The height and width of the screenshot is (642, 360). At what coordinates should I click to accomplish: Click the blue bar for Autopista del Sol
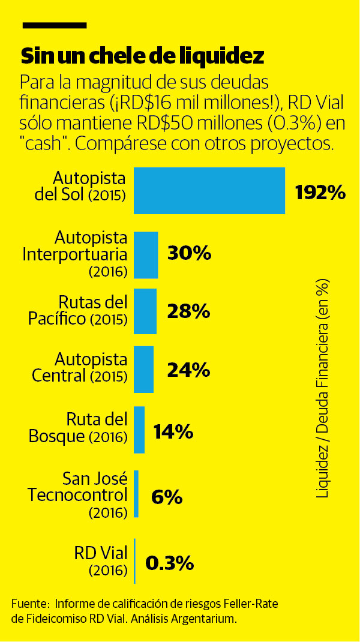click(209, 191)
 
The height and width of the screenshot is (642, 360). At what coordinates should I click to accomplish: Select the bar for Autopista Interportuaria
click(146, 255)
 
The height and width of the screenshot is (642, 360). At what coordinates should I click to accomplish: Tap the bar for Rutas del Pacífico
click(145, 311)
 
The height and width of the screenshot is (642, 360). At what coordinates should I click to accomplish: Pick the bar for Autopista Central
click(143, 369)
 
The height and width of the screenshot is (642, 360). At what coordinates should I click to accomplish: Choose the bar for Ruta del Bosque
click(139, 430)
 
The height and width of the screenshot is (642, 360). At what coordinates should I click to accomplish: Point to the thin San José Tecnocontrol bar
click(136, 494)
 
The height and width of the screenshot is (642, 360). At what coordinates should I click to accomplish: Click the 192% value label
click(320, 192)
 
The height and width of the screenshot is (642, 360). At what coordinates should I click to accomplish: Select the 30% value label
click(189, 254)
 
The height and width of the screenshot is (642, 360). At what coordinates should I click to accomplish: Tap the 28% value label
click(188, 311)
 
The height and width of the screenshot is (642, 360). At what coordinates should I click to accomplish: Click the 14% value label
click(173, 431)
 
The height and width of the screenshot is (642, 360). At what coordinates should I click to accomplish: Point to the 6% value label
click(166, 497)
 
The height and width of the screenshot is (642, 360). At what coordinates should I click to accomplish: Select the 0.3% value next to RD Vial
click(169, 563)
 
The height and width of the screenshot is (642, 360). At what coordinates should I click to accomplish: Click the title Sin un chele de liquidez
click(143, 56)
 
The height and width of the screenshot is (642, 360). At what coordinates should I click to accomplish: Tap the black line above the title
click(54, 26)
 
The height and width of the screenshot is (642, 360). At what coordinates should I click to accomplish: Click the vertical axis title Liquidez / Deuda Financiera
click(323, 388)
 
